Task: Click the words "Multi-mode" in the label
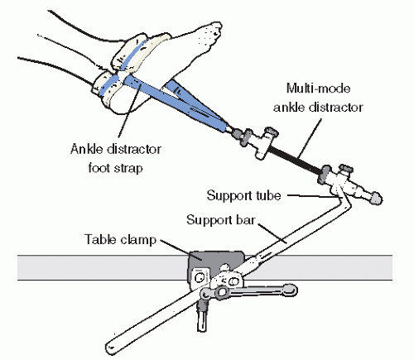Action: coord(319,89)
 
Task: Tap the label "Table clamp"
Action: coord(120,239)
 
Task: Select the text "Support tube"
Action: coord(243,195)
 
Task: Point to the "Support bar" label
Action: coord(220,220)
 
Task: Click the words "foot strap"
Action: coord(116,168)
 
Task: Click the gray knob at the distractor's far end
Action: coord(376,198)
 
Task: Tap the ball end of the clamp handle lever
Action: coord(290,290)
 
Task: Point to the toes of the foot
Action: coord(213,33)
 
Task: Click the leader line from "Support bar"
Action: coord(272,233)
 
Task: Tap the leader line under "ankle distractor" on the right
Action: coord(309,140)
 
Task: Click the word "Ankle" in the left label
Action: coord(87,149)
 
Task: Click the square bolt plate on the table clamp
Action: coord(200,277)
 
